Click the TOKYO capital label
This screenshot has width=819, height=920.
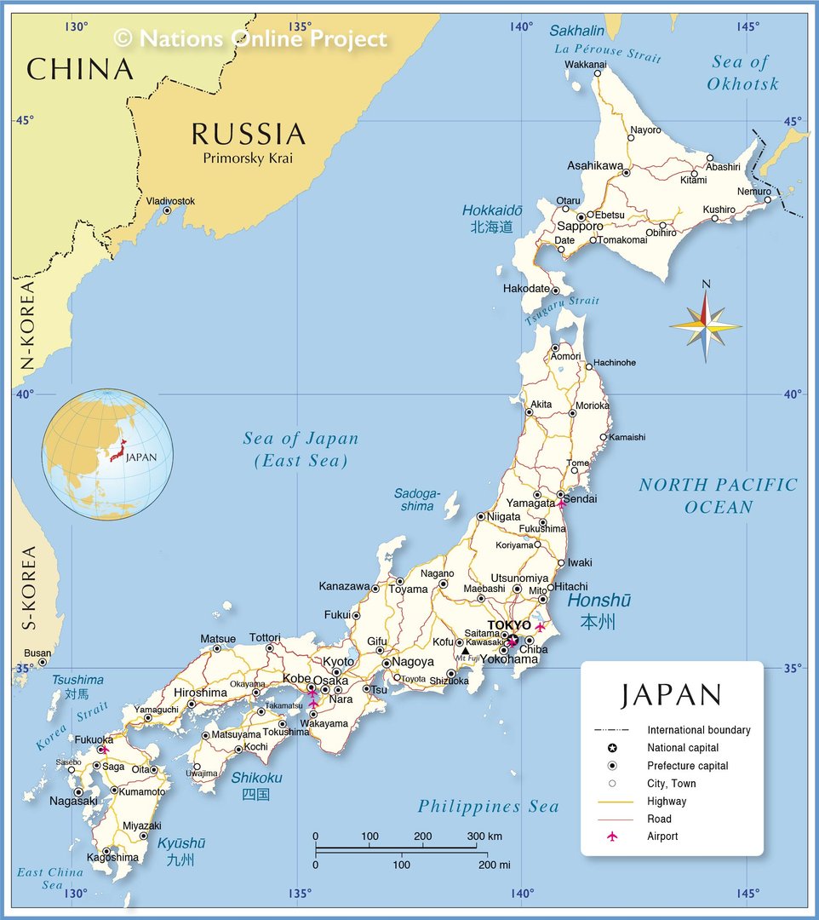508,625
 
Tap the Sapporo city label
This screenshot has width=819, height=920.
580,227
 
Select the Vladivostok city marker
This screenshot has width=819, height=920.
167,210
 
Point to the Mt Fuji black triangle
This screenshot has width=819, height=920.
465,652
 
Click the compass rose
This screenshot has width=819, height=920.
705,325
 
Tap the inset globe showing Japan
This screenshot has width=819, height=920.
107,454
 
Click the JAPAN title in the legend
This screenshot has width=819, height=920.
671,694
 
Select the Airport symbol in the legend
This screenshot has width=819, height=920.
611,837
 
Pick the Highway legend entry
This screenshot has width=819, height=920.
666,802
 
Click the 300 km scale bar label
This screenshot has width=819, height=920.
484,837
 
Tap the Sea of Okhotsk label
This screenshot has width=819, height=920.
742,72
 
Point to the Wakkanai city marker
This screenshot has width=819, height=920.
598,73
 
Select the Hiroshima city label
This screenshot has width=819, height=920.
200,693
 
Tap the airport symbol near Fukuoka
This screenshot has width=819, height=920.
103,750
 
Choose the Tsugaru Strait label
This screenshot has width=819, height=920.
562,310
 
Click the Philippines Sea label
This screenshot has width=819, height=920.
488,807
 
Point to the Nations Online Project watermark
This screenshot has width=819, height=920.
250,38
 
